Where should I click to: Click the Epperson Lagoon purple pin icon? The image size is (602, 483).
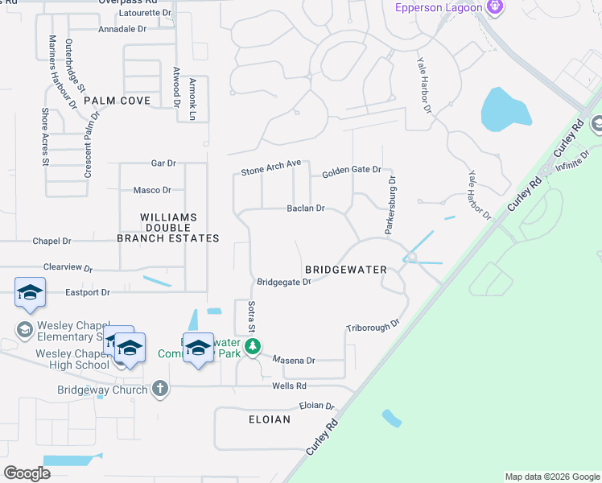(x=494, y=9)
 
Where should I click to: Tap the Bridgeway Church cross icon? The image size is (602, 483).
(x=160, y=390)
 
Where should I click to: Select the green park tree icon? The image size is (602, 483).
(x=254, y=347)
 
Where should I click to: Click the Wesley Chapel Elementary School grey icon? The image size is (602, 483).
(x=24, y=329)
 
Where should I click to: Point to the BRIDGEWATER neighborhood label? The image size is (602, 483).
(x=346, y=269)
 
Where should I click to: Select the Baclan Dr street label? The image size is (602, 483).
(x=305, y=208)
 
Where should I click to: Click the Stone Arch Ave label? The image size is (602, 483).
(x=270, y=168)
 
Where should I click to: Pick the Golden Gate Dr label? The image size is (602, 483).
(x=351, y=171)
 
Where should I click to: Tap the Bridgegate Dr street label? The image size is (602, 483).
(x=283, y=282)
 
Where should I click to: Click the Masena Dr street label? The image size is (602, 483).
(x=293, y=361)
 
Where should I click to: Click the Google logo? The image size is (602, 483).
(x=27, y=473)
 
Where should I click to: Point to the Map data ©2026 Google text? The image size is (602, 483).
(x=552, y=477)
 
